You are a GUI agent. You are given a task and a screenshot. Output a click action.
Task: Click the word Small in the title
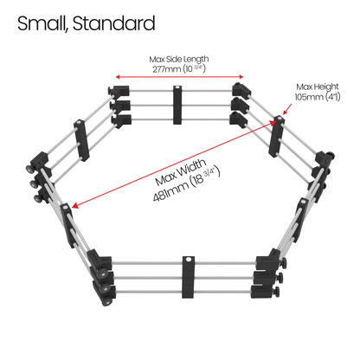pos(42,23)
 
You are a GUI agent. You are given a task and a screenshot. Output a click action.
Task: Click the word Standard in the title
pos(114,23)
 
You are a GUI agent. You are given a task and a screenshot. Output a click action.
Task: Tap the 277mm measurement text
pos(166,69)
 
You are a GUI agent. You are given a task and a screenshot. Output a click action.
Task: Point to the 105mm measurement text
pos(308,97)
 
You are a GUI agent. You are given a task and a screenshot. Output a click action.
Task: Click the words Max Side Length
pos(179,60)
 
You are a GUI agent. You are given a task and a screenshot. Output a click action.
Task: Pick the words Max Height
pos(318,87)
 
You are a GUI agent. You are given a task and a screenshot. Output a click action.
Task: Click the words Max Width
pos(181,172)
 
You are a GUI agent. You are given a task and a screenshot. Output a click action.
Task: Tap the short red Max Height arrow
pos(287,109)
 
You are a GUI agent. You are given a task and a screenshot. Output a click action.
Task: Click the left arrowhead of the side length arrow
pos(118,77)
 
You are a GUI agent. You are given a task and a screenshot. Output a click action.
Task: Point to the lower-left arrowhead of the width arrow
pos(74,205)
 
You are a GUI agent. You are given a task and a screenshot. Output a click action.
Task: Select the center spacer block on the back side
pos(177,105)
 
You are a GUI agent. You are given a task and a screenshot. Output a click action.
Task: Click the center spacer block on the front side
pos(188,277)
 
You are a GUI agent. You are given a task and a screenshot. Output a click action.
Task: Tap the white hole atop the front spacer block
pos(189,260)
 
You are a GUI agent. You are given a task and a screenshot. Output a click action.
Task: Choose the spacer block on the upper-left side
pos(81,140)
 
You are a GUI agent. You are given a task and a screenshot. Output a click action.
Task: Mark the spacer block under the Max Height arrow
pos(276,136)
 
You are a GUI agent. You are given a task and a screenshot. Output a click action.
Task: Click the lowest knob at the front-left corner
pos(106,301)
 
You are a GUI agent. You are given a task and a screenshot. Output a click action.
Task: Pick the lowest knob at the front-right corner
pos(277,292)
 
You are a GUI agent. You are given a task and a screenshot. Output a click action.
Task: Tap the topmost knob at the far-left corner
pos(29,169)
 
